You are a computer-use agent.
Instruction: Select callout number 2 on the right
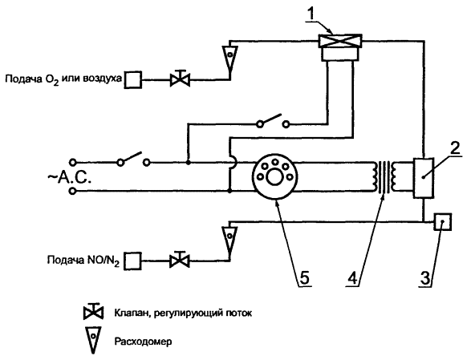coord(456,148)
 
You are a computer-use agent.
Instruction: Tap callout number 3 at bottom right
coord(425,277)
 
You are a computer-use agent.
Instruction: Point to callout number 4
coord(353,277)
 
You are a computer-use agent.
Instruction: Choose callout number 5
coord(304,277)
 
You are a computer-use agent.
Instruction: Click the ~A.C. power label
coord(69,178)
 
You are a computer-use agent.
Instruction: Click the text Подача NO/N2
coord(83,261)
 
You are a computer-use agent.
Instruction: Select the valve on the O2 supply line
coord(180,79)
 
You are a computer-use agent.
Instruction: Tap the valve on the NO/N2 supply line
coord(180,260)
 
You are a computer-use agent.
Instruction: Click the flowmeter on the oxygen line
coord(230,59)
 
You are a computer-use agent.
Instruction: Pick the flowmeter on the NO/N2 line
coord(229,239)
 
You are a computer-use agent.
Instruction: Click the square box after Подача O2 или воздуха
coord(133,80)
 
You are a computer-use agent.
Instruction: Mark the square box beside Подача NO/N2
coord(132,261)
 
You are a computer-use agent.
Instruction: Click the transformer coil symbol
coord(384,177)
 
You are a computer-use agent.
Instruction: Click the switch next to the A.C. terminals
coord(133,159)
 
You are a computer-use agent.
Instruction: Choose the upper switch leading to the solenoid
coord(273,120)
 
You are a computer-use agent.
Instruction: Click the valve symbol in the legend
coord(93,312)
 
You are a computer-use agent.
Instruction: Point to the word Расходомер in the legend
coord(143,342)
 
